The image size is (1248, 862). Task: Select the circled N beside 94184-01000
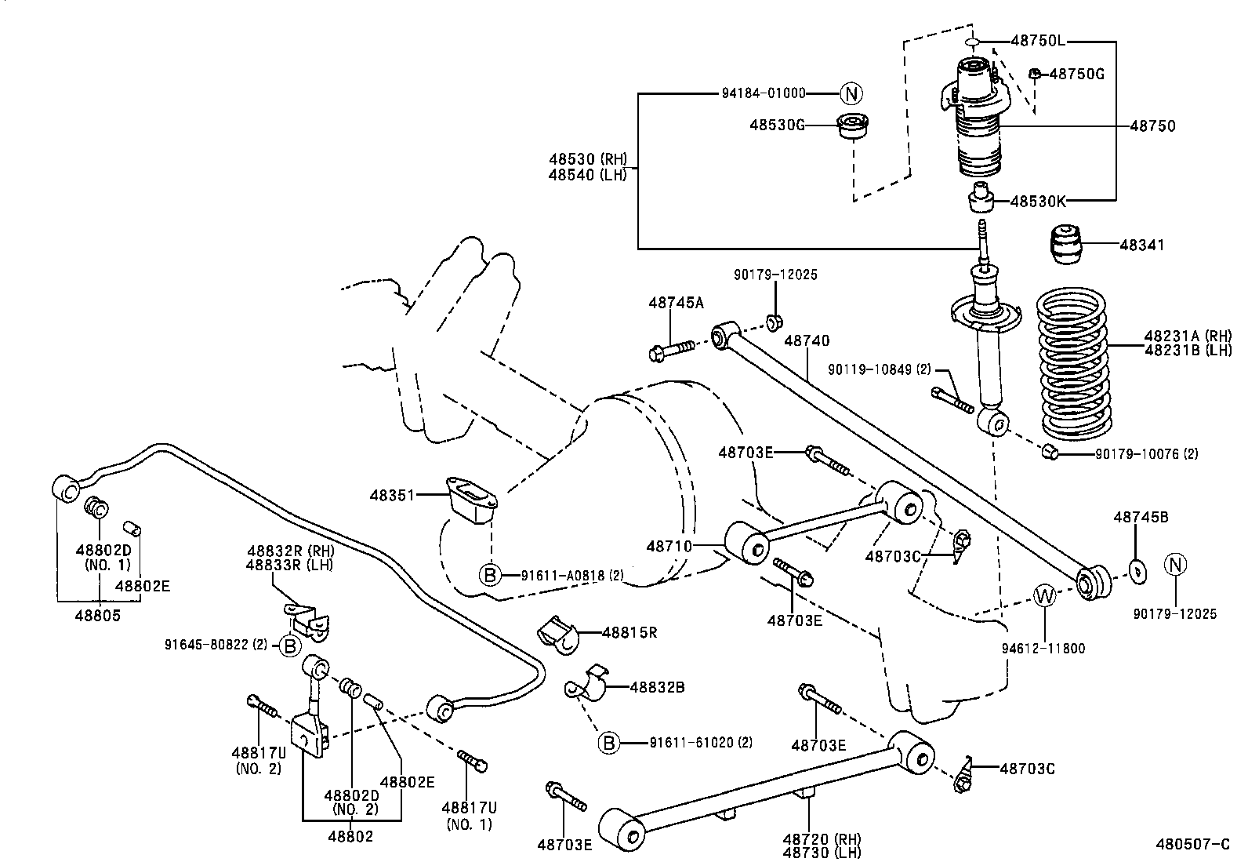coord(851,93)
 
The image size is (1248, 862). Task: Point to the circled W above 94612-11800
coord(1045,596)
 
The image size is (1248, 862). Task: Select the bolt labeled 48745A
coord(672,348)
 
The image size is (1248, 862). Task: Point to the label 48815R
coord(629,631)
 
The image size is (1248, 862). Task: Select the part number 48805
coord(98,616)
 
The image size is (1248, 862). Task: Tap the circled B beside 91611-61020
coord(609,742)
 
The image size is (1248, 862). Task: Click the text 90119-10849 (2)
coord(879,368)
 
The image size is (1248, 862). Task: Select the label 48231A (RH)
coord(1187,335)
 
